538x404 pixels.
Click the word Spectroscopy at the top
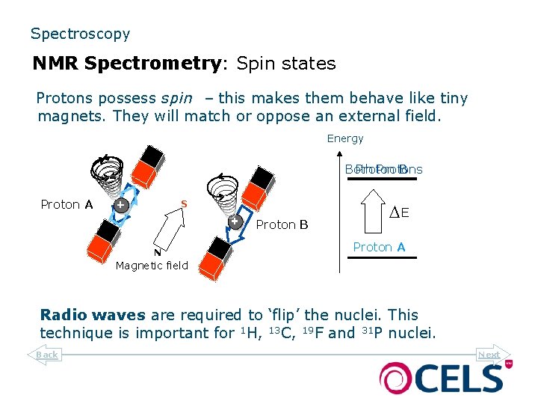tap(80, 34)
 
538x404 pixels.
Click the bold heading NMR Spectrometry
tap(126, 64)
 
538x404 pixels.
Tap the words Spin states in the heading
tap(286, 64)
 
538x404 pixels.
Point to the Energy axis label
tap(345, 138)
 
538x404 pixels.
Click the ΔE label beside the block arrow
tap(400, 212)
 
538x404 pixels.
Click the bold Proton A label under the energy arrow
tap(379, 247)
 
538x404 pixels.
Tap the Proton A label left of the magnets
tap(67, 204)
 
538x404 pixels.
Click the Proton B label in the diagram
tap(282, 224)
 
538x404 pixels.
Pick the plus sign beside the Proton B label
tap(235, 221)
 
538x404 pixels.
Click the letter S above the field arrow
tap(184, 203)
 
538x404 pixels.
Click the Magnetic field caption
tap(152, 265)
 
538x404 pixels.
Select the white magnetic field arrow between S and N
tap(171, 227)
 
